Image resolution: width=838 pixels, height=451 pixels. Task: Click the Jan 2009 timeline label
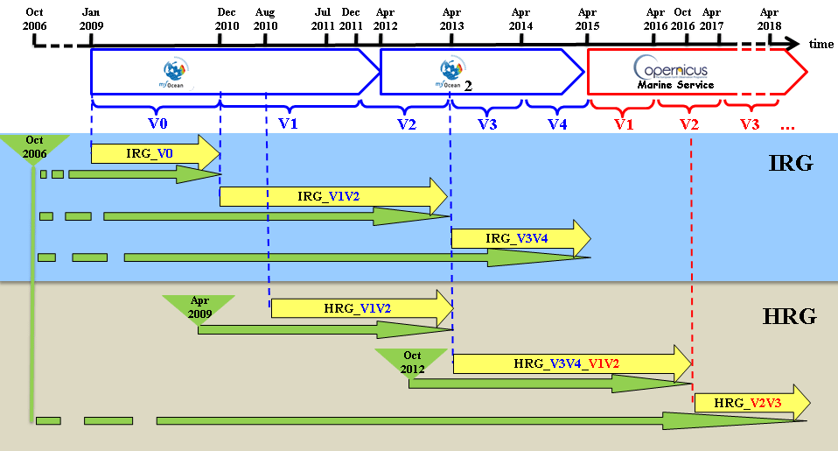90,19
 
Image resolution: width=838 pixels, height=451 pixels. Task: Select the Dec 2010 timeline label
227,19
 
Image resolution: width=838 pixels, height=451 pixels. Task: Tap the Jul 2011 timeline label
324,19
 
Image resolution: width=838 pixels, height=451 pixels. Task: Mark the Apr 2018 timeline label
769,19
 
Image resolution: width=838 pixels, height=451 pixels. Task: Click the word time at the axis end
821,45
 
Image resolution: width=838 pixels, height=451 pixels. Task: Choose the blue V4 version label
557,123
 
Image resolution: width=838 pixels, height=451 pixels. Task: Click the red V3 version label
750,123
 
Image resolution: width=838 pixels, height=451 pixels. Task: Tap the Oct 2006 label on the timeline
35,19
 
